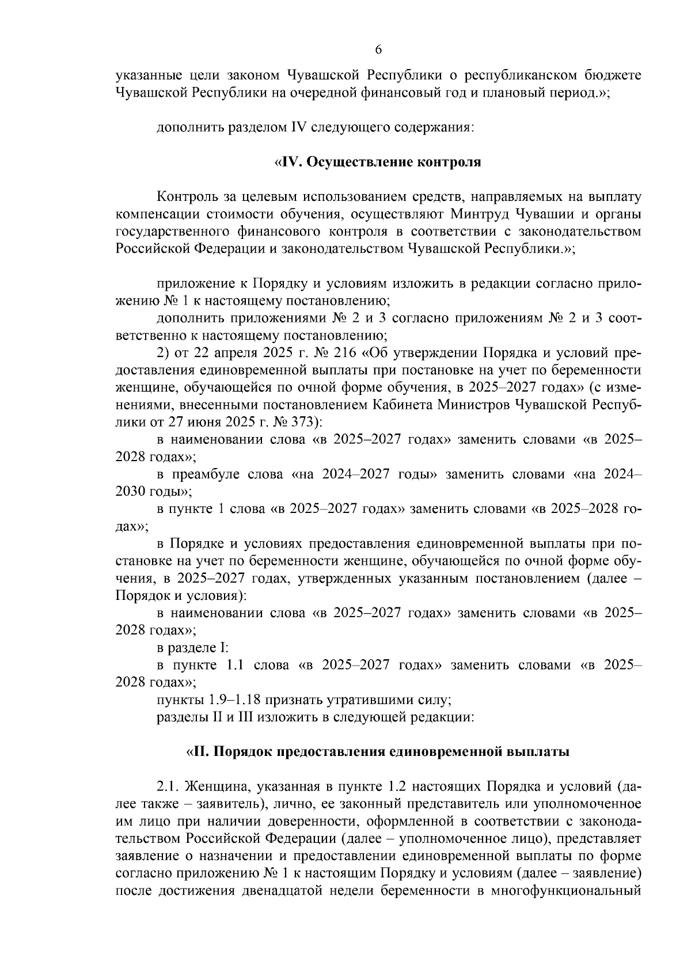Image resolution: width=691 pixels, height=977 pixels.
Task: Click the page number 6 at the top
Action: [378, 50]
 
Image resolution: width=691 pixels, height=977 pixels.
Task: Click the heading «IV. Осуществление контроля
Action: [377, 162]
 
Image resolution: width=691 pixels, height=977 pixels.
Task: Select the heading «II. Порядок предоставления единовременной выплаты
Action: [378, 752]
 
